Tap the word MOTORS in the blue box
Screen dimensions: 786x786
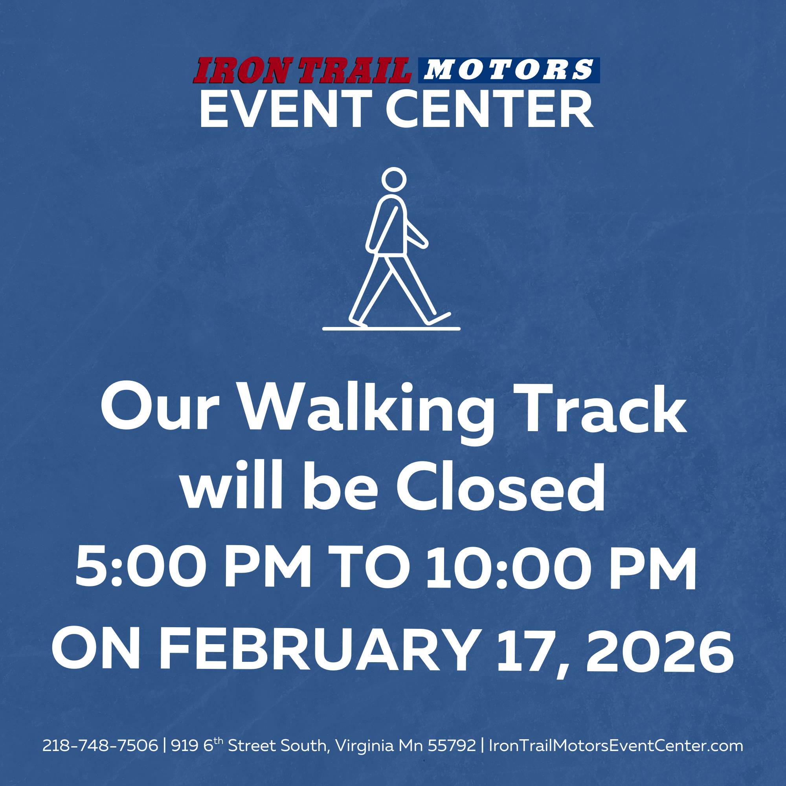click(509, 70)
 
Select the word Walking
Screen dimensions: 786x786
click(366, 409)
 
